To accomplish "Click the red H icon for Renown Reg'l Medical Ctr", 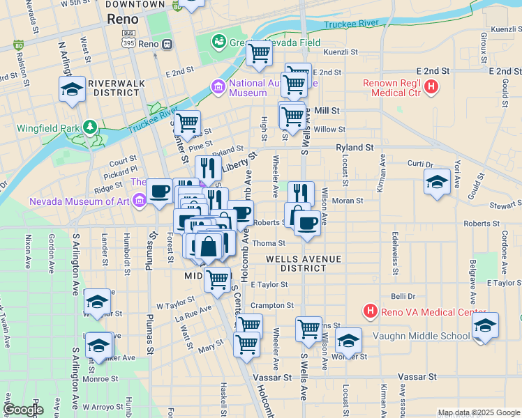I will click(432, 88).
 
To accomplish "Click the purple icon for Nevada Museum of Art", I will click(140, 201).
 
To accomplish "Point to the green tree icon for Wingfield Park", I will click(89, 127).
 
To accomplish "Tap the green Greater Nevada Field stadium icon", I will click(219, 42).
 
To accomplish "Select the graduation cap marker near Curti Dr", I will click(437, 183).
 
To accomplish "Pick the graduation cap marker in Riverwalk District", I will click(72, 90).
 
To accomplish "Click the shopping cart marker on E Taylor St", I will click(218, 279).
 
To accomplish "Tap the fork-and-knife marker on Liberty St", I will click(207, 168).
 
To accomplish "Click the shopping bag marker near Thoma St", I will click(209, 246).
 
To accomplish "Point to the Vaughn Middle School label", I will click(431, 336).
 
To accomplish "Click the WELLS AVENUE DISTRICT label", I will click(304, 263).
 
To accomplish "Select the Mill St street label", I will click(327, 111).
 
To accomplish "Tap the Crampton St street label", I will click(272, 305).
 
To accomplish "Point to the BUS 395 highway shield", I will click(128, 38).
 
